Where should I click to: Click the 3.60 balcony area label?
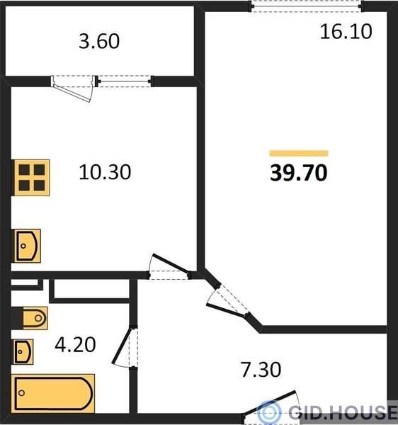coord(99,41)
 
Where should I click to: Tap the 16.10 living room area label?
coord(346,32)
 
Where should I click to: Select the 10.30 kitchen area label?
coord(105,172)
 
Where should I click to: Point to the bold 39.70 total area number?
coord(299,173)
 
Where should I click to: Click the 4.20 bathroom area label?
coord(75,344)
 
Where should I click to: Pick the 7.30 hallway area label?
coord(261,370)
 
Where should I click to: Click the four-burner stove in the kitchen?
coord(32,178)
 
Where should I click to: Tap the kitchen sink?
coord(27,246)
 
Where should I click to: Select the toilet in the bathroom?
coord(35,318)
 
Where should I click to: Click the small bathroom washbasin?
coord(23,352)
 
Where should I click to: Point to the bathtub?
coord(53,393)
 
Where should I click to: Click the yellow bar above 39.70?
coord(299,154)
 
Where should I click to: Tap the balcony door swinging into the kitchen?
coord(73,88)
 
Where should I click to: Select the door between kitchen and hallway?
coord(169,267)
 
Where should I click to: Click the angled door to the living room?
coord(227,300)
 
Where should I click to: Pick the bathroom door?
coord(125,346)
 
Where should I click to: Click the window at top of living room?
coord(306,6)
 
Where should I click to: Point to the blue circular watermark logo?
coord(269,412)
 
